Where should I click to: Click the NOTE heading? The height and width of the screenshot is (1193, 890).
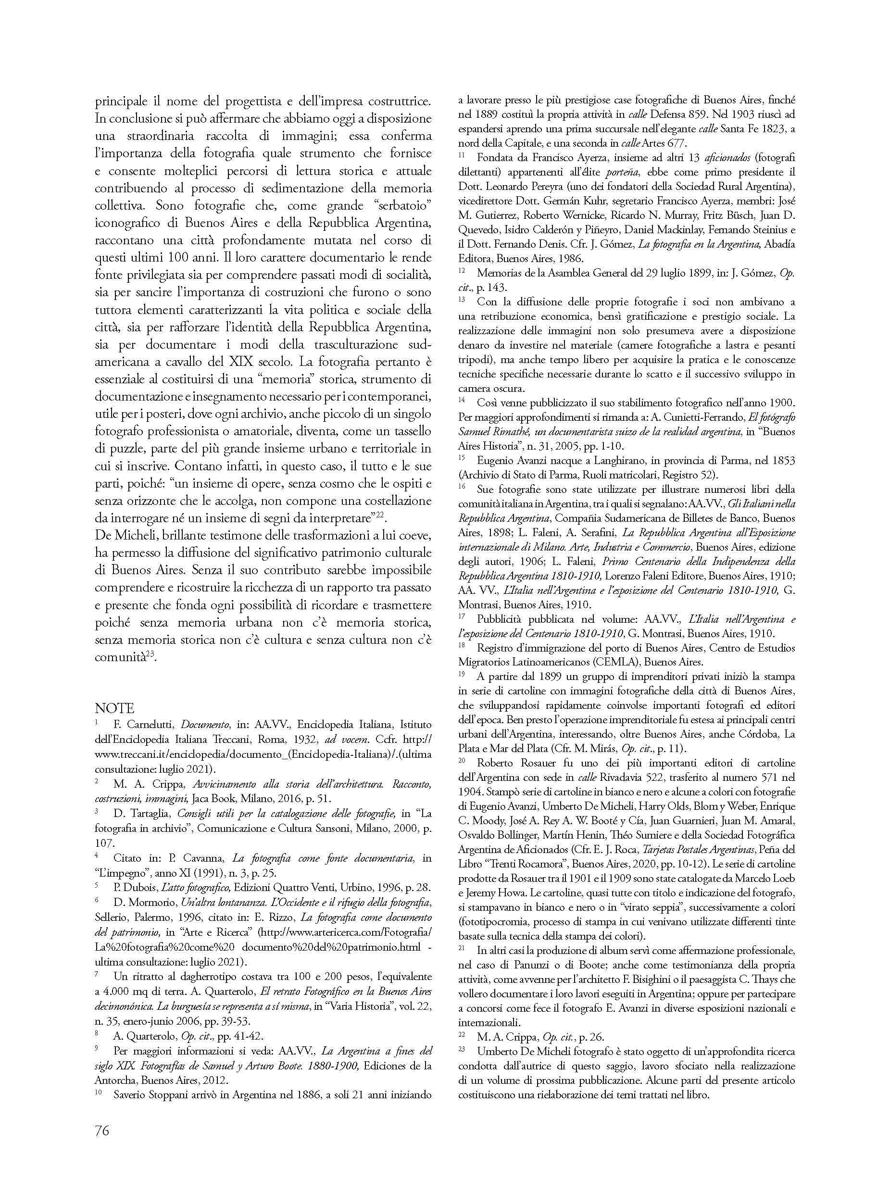point(114,708)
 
